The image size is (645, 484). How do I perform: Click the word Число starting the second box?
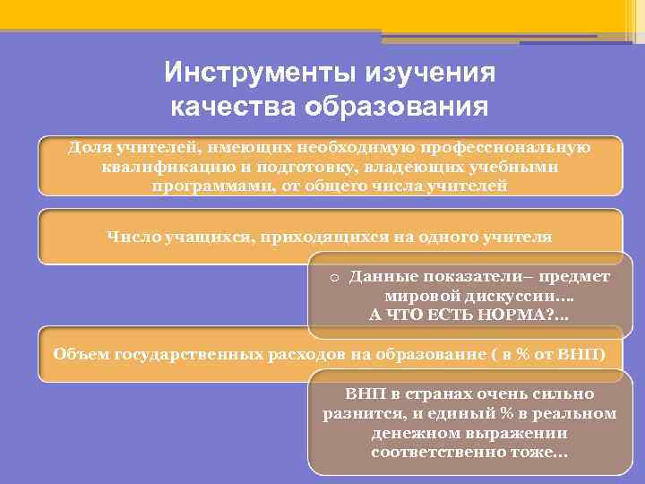coord(132,237)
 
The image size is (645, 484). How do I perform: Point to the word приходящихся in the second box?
coord(296,237)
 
